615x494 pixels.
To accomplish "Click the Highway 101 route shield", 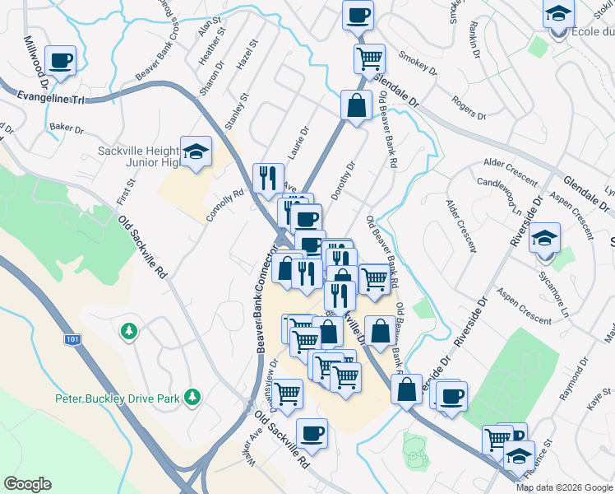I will click(x=72, y=339).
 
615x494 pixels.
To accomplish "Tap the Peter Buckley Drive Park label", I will click(x=117, y=398).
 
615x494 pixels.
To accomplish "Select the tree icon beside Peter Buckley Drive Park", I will click(x=192, y=398).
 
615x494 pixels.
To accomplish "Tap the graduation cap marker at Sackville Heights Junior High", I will click(x=197, y=151).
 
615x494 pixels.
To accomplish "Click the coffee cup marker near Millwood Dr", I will click(x=61, y=60).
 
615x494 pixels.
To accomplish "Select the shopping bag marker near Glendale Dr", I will click(x=356, y=106).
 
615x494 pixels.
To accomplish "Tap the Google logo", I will click(x=27, y=484).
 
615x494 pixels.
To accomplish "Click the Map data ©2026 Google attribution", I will click(x=564, y=487).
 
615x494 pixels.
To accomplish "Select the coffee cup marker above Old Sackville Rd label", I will click(x=312, y=433).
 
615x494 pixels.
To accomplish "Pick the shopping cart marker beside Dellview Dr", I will click(x=287, y=394).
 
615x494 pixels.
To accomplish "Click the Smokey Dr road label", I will click(x=414, y=62).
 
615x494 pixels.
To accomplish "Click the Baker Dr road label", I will click(x=67, y=128).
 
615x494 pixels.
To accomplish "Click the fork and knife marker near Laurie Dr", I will click(x=268, y=178).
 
